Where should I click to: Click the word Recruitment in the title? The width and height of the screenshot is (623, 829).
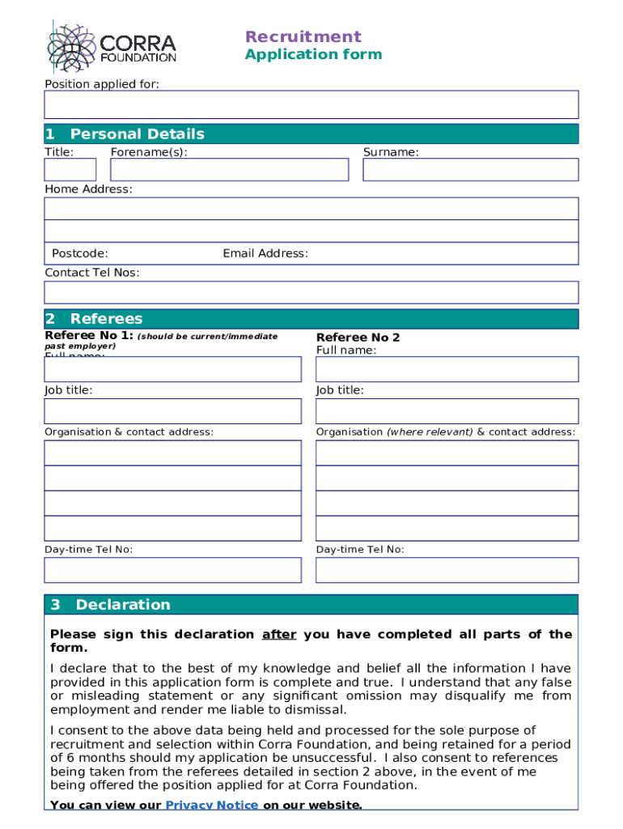point(303,36)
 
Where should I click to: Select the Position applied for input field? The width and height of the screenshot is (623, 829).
point(311,104)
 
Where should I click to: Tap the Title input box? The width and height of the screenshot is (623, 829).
point(70,169)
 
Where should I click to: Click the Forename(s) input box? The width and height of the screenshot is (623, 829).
point(229,169)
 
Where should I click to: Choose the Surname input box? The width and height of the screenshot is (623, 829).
point(470,169)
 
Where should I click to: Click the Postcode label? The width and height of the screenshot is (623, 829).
point(80,253)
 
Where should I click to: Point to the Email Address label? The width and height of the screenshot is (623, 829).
point(265,253)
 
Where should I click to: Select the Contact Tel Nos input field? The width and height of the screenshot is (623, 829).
point(311,292)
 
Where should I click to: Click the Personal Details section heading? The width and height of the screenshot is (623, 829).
point(137,134)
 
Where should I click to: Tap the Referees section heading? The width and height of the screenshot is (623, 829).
point(106,319)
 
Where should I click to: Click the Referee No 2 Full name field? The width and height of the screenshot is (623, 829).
point(447,369)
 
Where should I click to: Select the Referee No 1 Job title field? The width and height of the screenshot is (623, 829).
point(172,411)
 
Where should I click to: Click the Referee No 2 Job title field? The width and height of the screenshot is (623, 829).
point(447,411)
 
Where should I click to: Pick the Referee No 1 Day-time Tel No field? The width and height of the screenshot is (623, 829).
point(172,570)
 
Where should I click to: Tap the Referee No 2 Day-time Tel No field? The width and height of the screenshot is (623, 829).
point(447,570)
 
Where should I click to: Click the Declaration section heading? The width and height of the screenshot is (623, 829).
point(123,605)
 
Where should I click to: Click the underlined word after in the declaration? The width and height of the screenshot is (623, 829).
point(279,635)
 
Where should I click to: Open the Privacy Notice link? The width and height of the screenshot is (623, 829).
point(212,805)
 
